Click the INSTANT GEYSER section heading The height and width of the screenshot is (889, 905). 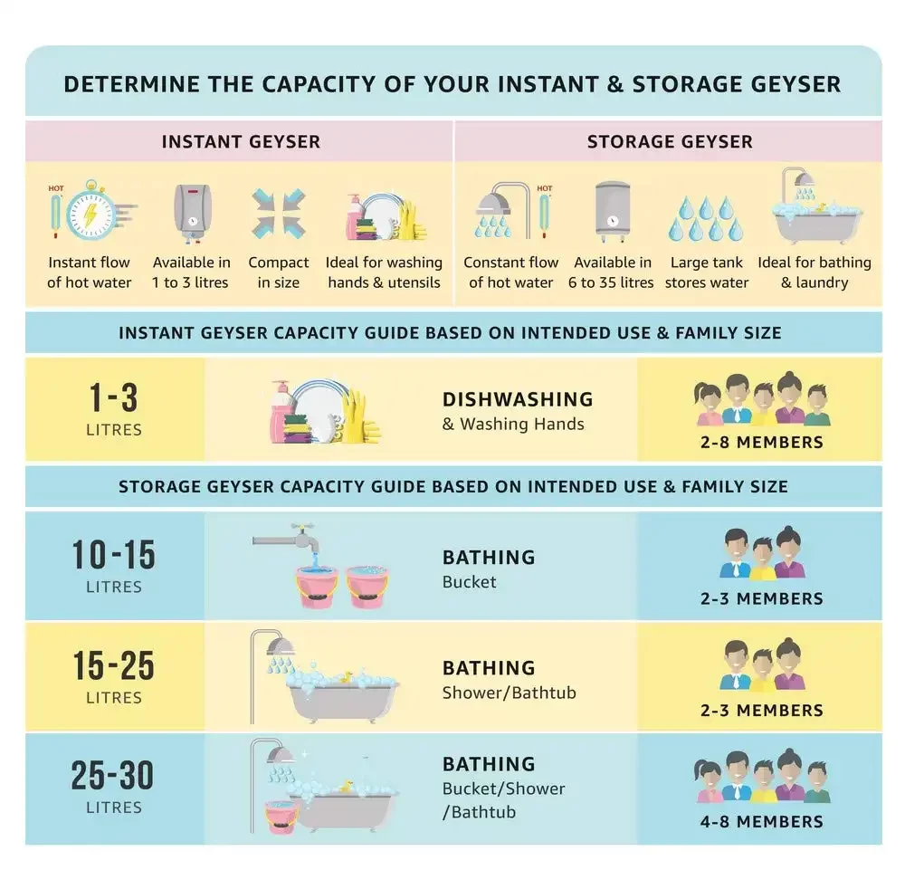tap(241, 141)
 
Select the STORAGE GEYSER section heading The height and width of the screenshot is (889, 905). tap(670, 141)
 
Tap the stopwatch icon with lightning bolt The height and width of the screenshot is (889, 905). tap(92, 210)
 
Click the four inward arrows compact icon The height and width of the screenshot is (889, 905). tap(278, 214)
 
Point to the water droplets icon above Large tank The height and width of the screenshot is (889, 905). tap(706, 218)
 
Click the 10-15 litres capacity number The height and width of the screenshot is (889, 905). tap(114, 555)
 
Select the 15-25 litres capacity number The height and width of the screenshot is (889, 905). tap(114, 665)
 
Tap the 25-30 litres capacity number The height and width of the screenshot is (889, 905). tap(112, 775)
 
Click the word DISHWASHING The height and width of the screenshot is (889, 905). tap(518, 399)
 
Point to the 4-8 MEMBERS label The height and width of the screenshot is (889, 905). tap(762, 821)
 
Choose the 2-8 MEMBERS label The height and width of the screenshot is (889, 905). tap(762, 442)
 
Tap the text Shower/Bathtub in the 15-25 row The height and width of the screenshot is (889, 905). tap(509, 693)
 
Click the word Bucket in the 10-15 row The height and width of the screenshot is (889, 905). tap(469, 582)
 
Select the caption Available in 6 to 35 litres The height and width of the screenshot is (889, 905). tap(611, 272)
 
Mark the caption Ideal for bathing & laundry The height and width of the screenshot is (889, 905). tap(814, 272)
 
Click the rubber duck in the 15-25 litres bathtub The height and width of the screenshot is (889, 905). tap(348, 676)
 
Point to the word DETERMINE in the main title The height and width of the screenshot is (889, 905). tap(132, 84)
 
